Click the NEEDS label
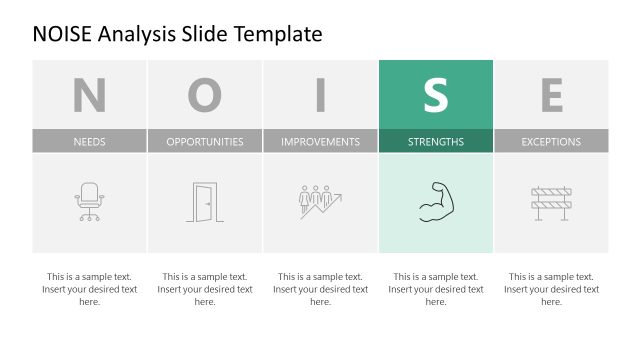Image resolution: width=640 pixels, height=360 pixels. tap(89, 142)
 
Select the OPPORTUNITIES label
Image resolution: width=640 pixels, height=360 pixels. tap(205, 142)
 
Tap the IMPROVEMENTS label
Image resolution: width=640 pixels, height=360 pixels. tap(320, 142)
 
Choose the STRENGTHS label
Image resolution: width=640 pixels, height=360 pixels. tap(436, 142)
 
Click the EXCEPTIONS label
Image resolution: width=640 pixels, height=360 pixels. tap(551, 142)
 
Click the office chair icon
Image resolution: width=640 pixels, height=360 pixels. tap(89, 202)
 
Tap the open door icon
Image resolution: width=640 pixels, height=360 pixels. tap(204, 202)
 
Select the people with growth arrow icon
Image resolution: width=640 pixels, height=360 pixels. tap(320, 201)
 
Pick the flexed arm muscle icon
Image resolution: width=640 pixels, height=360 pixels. tap(436, 202)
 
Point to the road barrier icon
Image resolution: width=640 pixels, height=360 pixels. tap(551, 202)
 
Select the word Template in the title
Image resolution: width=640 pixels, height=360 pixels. tap(280, 34)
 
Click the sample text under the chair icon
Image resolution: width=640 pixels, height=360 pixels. tap(89, 289)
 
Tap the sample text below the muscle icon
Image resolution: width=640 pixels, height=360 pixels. tap(436, 289)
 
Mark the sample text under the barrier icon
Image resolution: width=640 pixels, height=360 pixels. tap(551, 289)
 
